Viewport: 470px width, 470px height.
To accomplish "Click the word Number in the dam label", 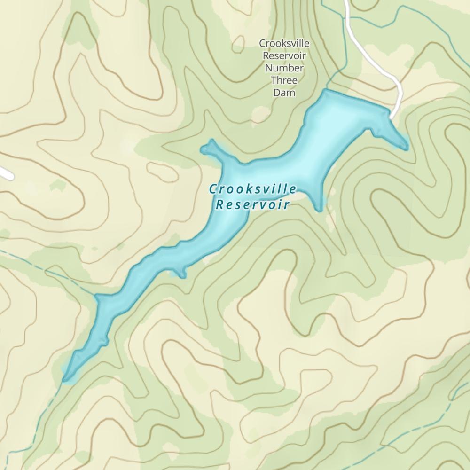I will (284, 68).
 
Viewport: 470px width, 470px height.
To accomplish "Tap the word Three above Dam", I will (284, 80).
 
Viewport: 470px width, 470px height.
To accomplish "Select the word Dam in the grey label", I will (284, 93).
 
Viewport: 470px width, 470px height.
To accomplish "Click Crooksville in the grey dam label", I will (284, 44).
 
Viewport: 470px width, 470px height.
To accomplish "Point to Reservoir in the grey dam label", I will (284, 56).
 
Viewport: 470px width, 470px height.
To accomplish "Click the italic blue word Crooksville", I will (252, 189).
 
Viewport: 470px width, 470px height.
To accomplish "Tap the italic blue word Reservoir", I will (252, 204).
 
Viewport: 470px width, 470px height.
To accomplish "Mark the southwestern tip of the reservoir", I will (66, 377).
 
